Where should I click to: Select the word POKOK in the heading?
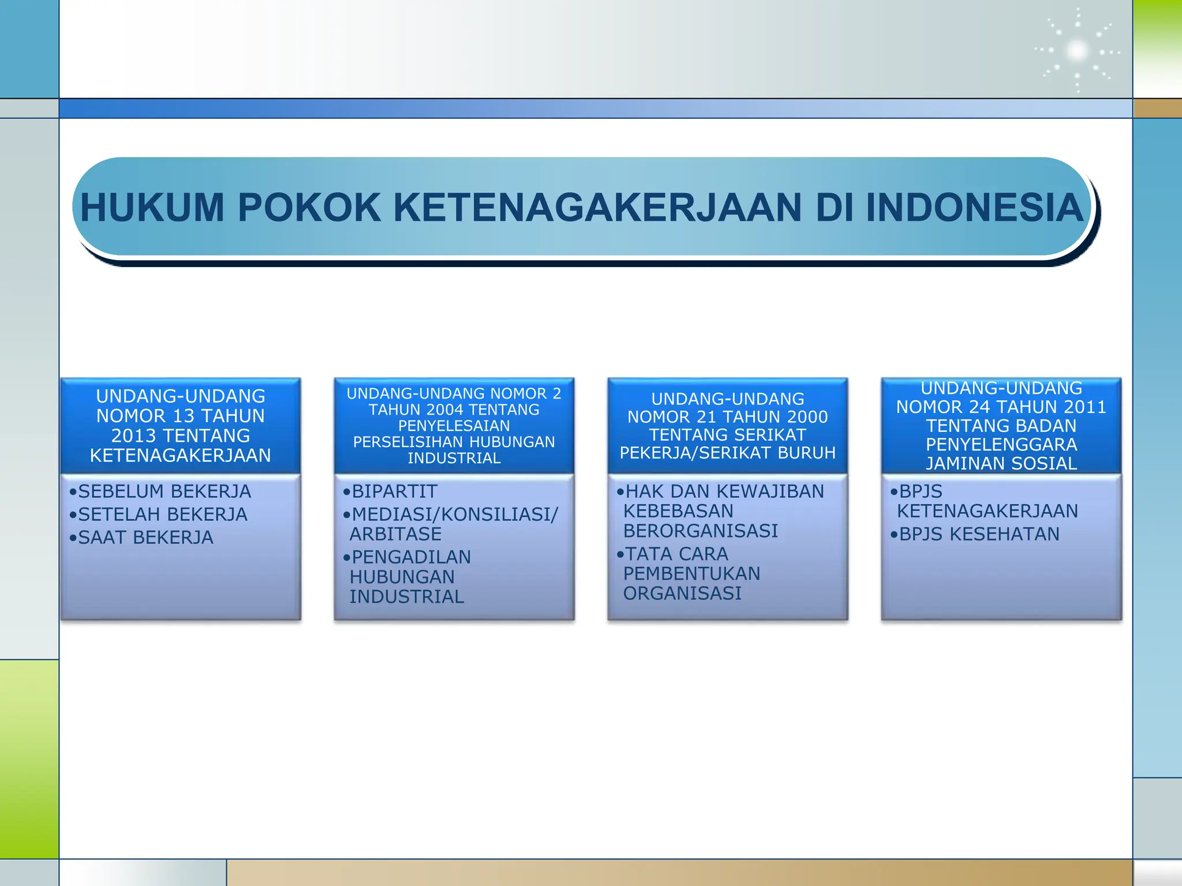pos(309,208)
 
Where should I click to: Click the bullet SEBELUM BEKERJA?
pos(164,491)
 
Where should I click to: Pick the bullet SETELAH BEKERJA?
pos(162,515)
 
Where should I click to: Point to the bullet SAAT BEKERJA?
pos(145,538)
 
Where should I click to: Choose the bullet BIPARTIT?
pos(394,491)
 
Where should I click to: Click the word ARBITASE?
pos(395,534)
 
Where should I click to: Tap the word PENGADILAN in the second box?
pos(411,557)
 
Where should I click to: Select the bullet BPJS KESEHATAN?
pos(979,534)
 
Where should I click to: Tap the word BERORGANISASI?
pos(701,531)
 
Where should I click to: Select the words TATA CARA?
pos(676,554)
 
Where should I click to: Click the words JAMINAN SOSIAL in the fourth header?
pos(1001,464)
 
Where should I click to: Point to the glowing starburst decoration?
pos(1077,51)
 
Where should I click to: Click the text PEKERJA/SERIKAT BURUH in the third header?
pos(727,453)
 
